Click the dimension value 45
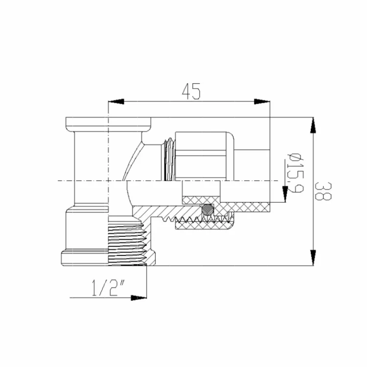[191, 92]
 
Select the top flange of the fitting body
[108, 122]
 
